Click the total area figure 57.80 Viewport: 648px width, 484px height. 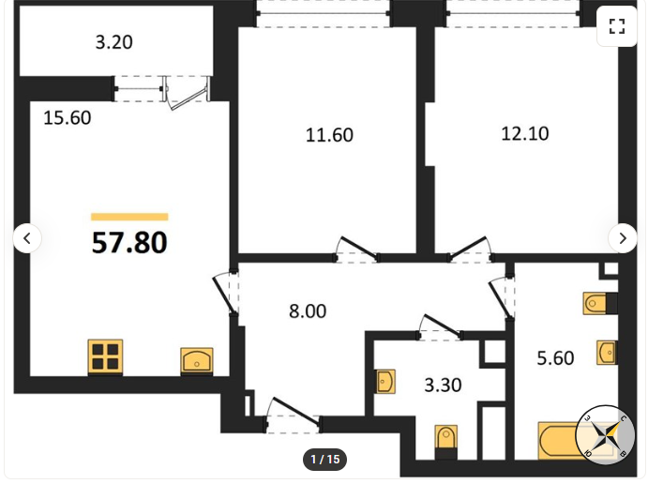click(129, 243)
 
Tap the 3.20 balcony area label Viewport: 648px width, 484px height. click(114, 42)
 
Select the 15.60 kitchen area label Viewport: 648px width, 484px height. click(68, 118)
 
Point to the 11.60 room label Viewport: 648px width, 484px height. click(329, 135)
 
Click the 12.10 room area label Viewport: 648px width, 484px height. click(525, 133)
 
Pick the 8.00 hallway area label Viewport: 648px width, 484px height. click(308, 311)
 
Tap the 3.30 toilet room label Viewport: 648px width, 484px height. click(443, 386)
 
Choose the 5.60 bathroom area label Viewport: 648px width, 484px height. click(555, 358)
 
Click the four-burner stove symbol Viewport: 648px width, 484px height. click(105, 357)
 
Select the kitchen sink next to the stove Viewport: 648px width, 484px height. click(197, 361)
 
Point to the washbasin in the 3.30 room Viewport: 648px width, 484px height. click(385, 381)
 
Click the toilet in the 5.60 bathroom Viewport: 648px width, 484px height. click(600, 303)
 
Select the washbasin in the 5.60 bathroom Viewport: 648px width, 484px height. click(607, 353)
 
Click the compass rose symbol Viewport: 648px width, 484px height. click(605, 435)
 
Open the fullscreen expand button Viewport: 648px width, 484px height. click(617, 26)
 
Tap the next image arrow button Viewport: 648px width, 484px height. click(623, 238)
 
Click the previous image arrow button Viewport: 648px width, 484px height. click(27, 238)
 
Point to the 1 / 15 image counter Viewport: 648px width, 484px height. click(324, 460)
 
